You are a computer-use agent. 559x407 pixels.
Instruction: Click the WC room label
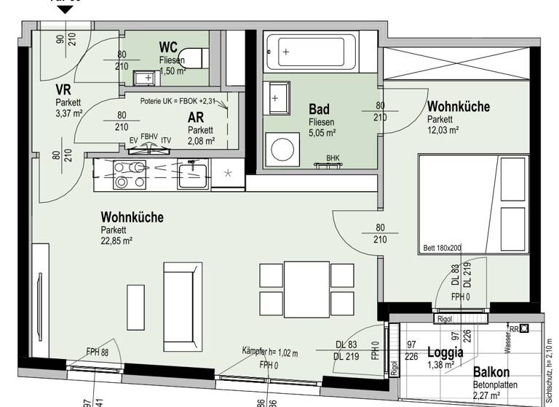tap(168, 47)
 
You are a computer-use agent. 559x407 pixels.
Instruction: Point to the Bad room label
tap(320, 110)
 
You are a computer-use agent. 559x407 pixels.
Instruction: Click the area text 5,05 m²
tap(322, 133)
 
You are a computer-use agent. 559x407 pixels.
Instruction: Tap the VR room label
tap(63, 90)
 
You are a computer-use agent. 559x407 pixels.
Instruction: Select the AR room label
tap(196, 118)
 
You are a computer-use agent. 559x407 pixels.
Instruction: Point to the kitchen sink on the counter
tap(192, 174)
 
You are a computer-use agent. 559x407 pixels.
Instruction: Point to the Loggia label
tap(445, 352)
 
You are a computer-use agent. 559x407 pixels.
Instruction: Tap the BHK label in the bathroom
tap(333, 158)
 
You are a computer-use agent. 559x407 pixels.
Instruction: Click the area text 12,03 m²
tap(443, 131)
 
